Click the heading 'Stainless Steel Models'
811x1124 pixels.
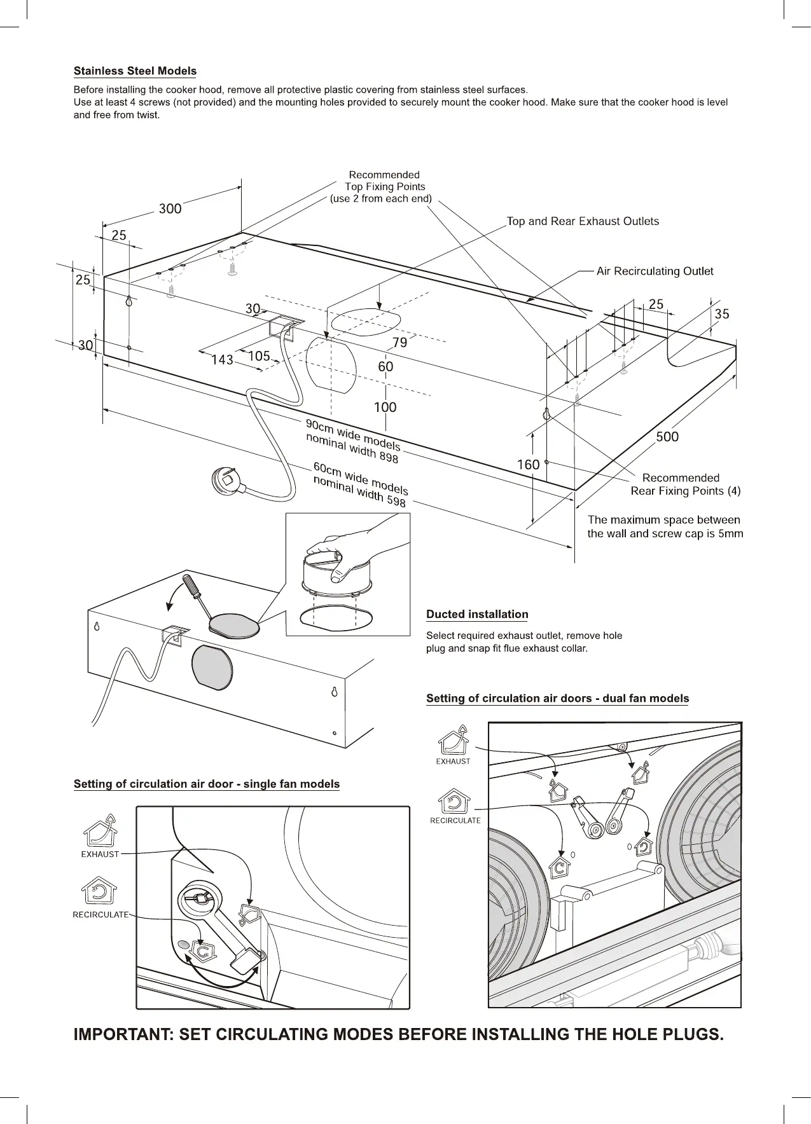tap(135, 71)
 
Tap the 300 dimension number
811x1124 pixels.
tap(170, 209)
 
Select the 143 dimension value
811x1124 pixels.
tap(221, 360)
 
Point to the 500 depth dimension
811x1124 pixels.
tap(667, 437)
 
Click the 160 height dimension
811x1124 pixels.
tap(528, 465)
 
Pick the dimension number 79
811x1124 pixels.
tap(399, 343)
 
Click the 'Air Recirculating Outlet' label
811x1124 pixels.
tap(655, 271)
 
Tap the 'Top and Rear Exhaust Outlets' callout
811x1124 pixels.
tap(582, 221)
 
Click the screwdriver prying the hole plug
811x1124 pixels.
tap(198, 594)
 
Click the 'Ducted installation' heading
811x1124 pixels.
tap(477, 614)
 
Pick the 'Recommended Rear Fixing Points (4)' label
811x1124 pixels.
tap(685, 484)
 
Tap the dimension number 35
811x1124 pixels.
tap(721, 314)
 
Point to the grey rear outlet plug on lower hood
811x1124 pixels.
tap(212, 666)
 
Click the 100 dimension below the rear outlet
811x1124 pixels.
tap(385, 407)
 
